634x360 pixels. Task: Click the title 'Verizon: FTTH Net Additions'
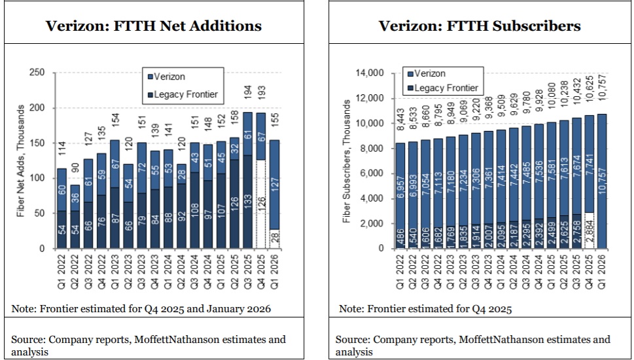click(x=153, y=26)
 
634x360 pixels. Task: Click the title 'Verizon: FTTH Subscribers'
click(x=480, y=26)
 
